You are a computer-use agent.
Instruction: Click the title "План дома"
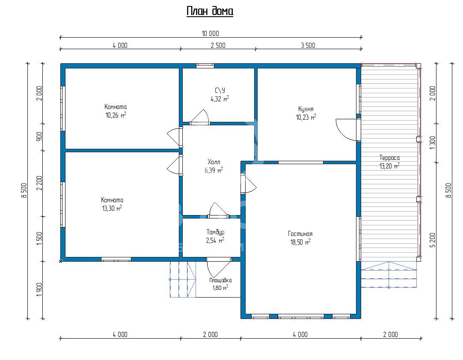[x=210, y=11]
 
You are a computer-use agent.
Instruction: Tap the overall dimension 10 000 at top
[x=211, y=33]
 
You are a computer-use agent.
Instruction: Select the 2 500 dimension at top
[x=218, y=45]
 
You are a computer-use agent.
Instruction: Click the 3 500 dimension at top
[x=308, y=45]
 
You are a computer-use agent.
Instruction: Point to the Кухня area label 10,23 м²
[x=306, y=117]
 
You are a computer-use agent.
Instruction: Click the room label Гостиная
[x=300, y=234]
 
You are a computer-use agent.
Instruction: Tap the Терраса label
[x=389, y=158]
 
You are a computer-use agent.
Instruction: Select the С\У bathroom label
[x=220, y=90]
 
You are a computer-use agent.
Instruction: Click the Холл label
[x=214, y=162]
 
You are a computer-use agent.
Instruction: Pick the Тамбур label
[x=215, y=232]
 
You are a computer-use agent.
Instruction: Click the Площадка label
[x=220, y=280]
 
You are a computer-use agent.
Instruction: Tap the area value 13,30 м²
[x=112, y=208]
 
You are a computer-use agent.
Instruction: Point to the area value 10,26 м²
[x=116, y=115]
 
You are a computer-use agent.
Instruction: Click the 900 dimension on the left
[x=39, y=136]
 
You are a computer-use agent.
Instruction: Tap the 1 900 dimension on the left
[x=39, y=290]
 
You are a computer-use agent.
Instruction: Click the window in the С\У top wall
[x=205, y=66]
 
